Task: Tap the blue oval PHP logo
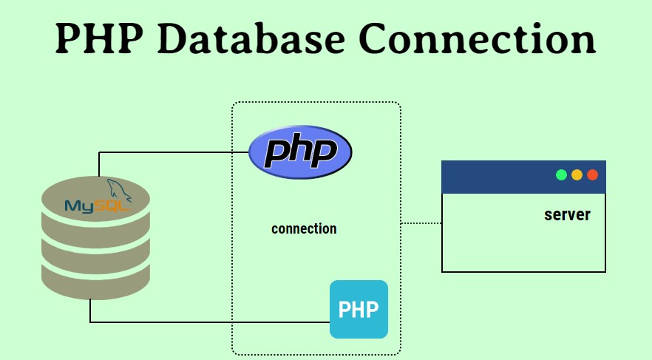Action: (x=300, y=152)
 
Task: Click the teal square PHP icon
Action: (x=359, y=309)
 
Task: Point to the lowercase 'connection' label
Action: (x=304, y=228)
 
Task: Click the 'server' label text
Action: (x=567, y=214)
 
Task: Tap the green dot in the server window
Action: (x=561, y=175)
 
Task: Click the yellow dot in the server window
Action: (x=577, y=175)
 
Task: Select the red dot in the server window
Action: (x=592, y=175)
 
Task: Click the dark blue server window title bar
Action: (x=495, y=177)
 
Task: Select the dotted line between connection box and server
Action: (x=421, y=223)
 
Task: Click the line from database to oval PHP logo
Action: (x=170, y=152)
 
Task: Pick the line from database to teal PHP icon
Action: (x=207, y=322)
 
